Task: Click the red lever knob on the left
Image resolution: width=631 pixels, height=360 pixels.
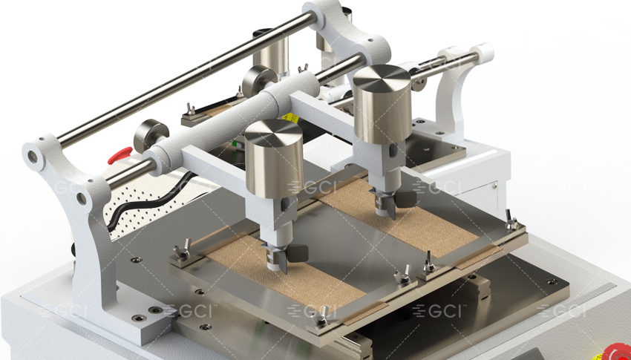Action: (120, 155)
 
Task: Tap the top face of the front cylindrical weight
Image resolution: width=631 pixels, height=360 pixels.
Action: (273, 133)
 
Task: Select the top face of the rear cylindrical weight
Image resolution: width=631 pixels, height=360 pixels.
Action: (382, 78)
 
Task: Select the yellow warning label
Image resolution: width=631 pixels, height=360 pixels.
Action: (290, 118)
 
